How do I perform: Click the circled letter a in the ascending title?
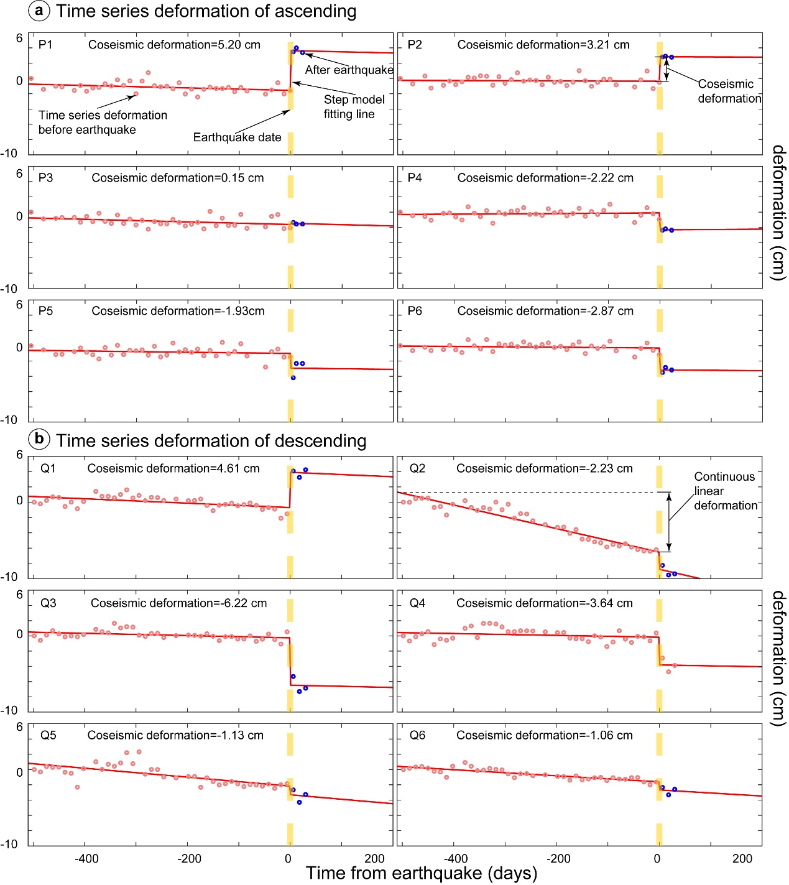(x=39, y=11)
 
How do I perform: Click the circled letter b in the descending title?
(x=39, y=439)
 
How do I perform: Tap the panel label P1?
(x=45, y=45)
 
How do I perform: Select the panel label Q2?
(x=417, y=468)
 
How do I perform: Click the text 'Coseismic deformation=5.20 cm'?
(x=174, y=45)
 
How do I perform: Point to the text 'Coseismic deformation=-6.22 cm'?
(x=178, y=603)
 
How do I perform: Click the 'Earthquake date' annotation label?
(x=237, y=137)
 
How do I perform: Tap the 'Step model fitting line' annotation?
(x=354, y=107)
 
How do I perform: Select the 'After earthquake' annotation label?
(x=349, y=70)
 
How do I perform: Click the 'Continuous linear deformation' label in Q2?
(x=725, y=491)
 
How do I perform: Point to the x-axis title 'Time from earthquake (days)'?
(x=421, y=873)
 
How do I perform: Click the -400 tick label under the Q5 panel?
(x=86, y=859)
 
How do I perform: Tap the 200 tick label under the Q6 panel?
(x=742, y=859)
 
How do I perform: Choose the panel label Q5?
(x=48, y=735)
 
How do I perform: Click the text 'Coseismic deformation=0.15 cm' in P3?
(x=177, y=178)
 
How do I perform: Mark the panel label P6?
(x=415, y=311)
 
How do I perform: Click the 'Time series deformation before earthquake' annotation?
(x=103, y=123)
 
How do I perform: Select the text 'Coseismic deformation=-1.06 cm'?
(x=544, y=735)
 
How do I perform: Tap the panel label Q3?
(x=48, y=603)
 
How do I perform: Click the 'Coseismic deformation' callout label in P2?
(x=729, y=91)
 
